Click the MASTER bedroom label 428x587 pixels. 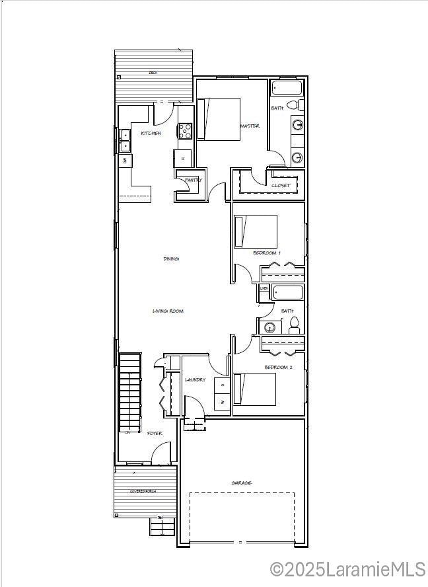tap(250, 126)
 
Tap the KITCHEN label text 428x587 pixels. tap(151, 134)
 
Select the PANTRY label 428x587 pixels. tap(193, 180)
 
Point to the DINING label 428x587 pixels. tap(171, 258)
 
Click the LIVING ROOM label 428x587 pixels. tap(168, 311)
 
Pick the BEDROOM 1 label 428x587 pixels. tap(267, 253)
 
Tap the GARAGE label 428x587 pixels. tap(241, 483)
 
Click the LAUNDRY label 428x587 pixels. tap(195, 380)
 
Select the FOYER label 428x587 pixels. tap(155, 434)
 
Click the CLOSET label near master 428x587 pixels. tap(281, 186)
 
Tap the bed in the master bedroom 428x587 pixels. tap(219, 119)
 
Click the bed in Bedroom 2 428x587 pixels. tap(255, 389)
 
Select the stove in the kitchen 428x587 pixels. tap(184, 131)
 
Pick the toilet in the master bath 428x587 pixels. tap(300, 105)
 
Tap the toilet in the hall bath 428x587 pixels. tap(294, 325)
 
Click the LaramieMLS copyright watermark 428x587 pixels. tap(347, 569)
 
